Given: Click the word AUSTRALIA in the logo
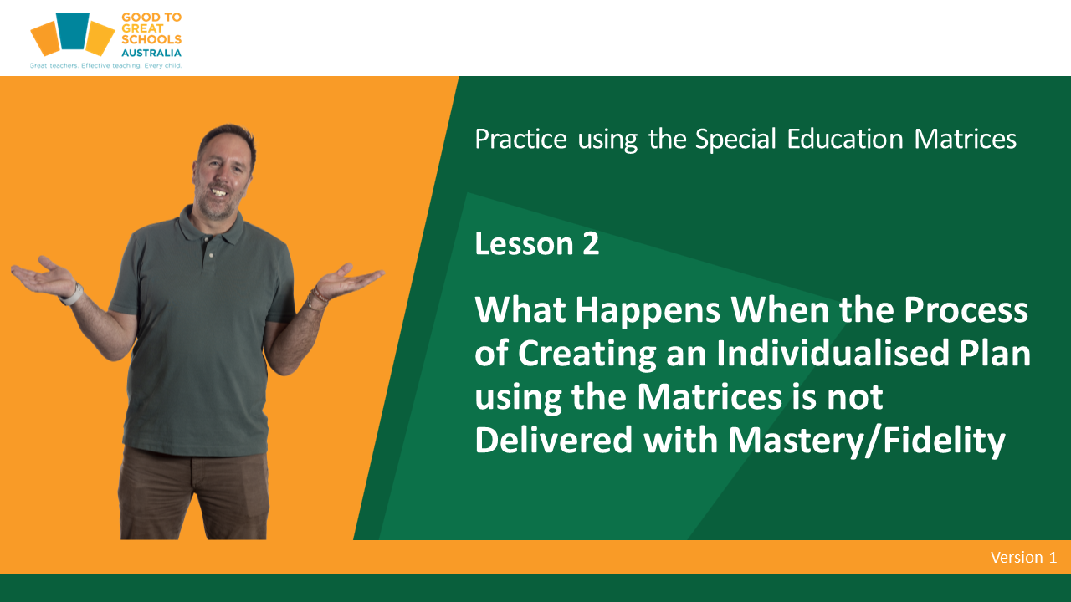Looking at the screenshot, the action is pyautogui.click(x=151, y=53).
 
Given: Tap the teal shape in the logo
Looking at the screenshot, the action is pyautogui.click(x=73, y=31).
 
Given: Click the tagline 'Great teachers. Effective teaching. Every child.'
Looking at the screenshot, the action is pyautogui.click(x=105, y=65).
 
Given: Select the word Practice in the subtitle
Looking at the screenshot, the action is pyautogui.click(x=520, y=140).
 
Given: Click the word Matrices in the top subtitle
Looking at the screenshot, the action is pyautogui.click(x=965, y=140).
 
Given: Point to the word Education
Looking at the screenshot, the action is pyautogui.click(x=845, y=140).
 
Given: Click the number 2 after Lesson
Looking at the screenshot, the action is pyautogui.click(x=591, y=243).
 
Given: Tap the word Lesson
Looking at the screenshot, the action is pyautogui.click(x=524, y=243).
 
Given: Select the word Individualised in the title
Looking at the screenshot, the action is pyautogui.click(x=833, y=354).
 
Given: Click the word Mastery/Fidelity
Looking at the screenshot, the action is pyautogui.click(x=867, y=441).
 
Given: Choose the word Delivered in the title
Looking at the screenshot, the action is pyautogui.click(x=554, y=441).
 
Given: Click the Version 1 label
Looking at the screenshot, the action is pyautogui.click(x=1023, y=557).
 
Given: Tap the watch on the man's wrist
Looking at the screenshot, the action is pyautogui.click(x=72, y=295).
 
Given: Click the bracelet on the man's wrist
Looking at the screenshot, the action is pyautogui.click(x=316, y=298).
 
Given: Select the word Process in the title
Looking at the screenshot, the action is pyautogui.click(x=966, y=310).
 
